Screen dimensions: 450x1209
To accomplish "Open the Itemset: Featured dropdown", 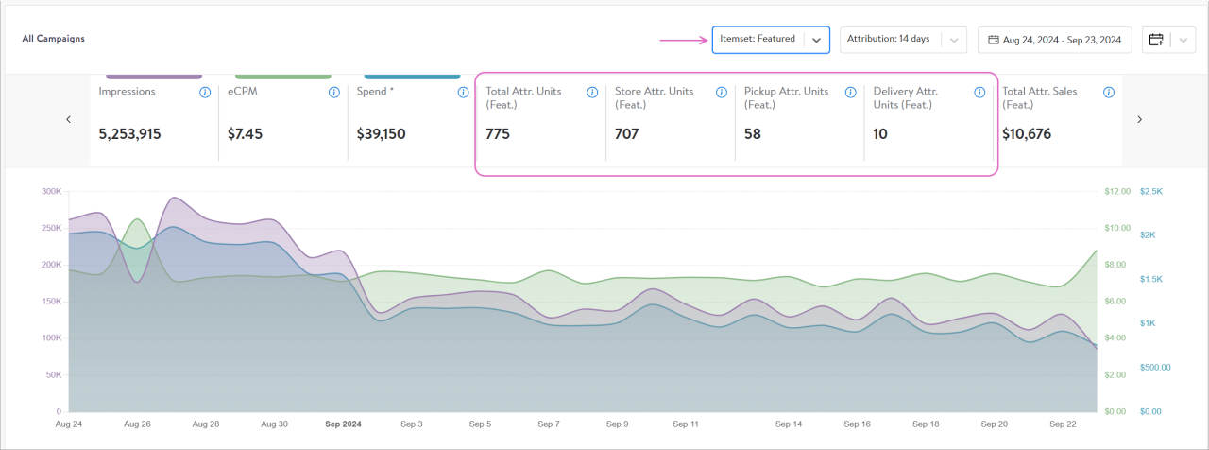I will pyautogui.click(x=770, y=40).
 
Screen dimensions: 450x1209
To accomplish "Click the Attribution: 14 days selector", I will pyautogui.click(x=902, y=40).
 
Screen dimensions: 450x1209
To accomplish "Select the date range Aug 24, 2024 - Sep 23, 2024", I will pyautogui.click(x=1054, y=40).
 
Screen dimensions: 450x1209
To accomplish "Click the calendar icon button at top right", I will pyautogui.click(x=1156, y=40).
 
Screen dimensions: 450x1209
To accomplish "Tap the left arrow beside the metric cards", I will pyautogui.click(x=68, y=119).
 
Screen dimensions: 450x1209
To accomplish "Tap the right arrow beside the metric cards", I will pyautogui.click(x=1140, y=119).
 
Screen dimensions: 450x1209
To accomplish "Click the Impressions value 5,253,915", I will pyautogui.click(x=129, y=134).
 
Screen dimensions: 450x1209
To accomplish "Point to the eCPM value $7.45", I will pyautogui.click(x=245, y=134).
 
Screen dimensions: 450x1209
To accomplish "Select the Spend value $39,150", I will pyautogui.click(x=381, y=134).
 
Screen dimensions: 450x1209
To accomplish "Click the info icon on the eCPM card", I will pyautogui.click(x=333, y=93).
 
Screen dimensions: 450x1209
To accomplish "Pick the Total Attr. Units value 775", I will pyautogui.click(x=498, y=134).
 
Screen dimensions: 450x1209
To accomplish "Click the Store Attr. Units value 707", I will pyautogui.click(x=626, y=134).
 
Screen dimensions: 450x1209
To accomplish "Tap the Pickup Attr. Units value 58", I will pyautogui.click(x=752, y=134).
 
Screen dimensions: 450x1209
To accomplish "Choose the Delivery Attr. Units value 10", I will pyautogui.click(x=880, y=134).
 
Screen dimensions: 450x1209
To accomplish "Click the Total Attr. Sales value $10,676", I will pyautogui.click(x=1027, y=134).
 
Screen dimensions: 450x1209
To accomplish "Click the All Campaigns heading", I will pyautogui.click(x=53, y=40).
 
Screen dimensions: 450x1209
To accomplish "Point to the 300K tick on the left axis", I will pyautogui.click(x=51, y=191).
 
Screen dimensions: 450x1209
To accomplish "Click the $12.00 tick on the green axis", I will pyautogui.click(x=1116, y=191).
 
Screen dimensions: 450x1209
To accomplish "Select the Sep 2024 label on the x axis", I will pyautogui.click(x=342, y=424).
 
